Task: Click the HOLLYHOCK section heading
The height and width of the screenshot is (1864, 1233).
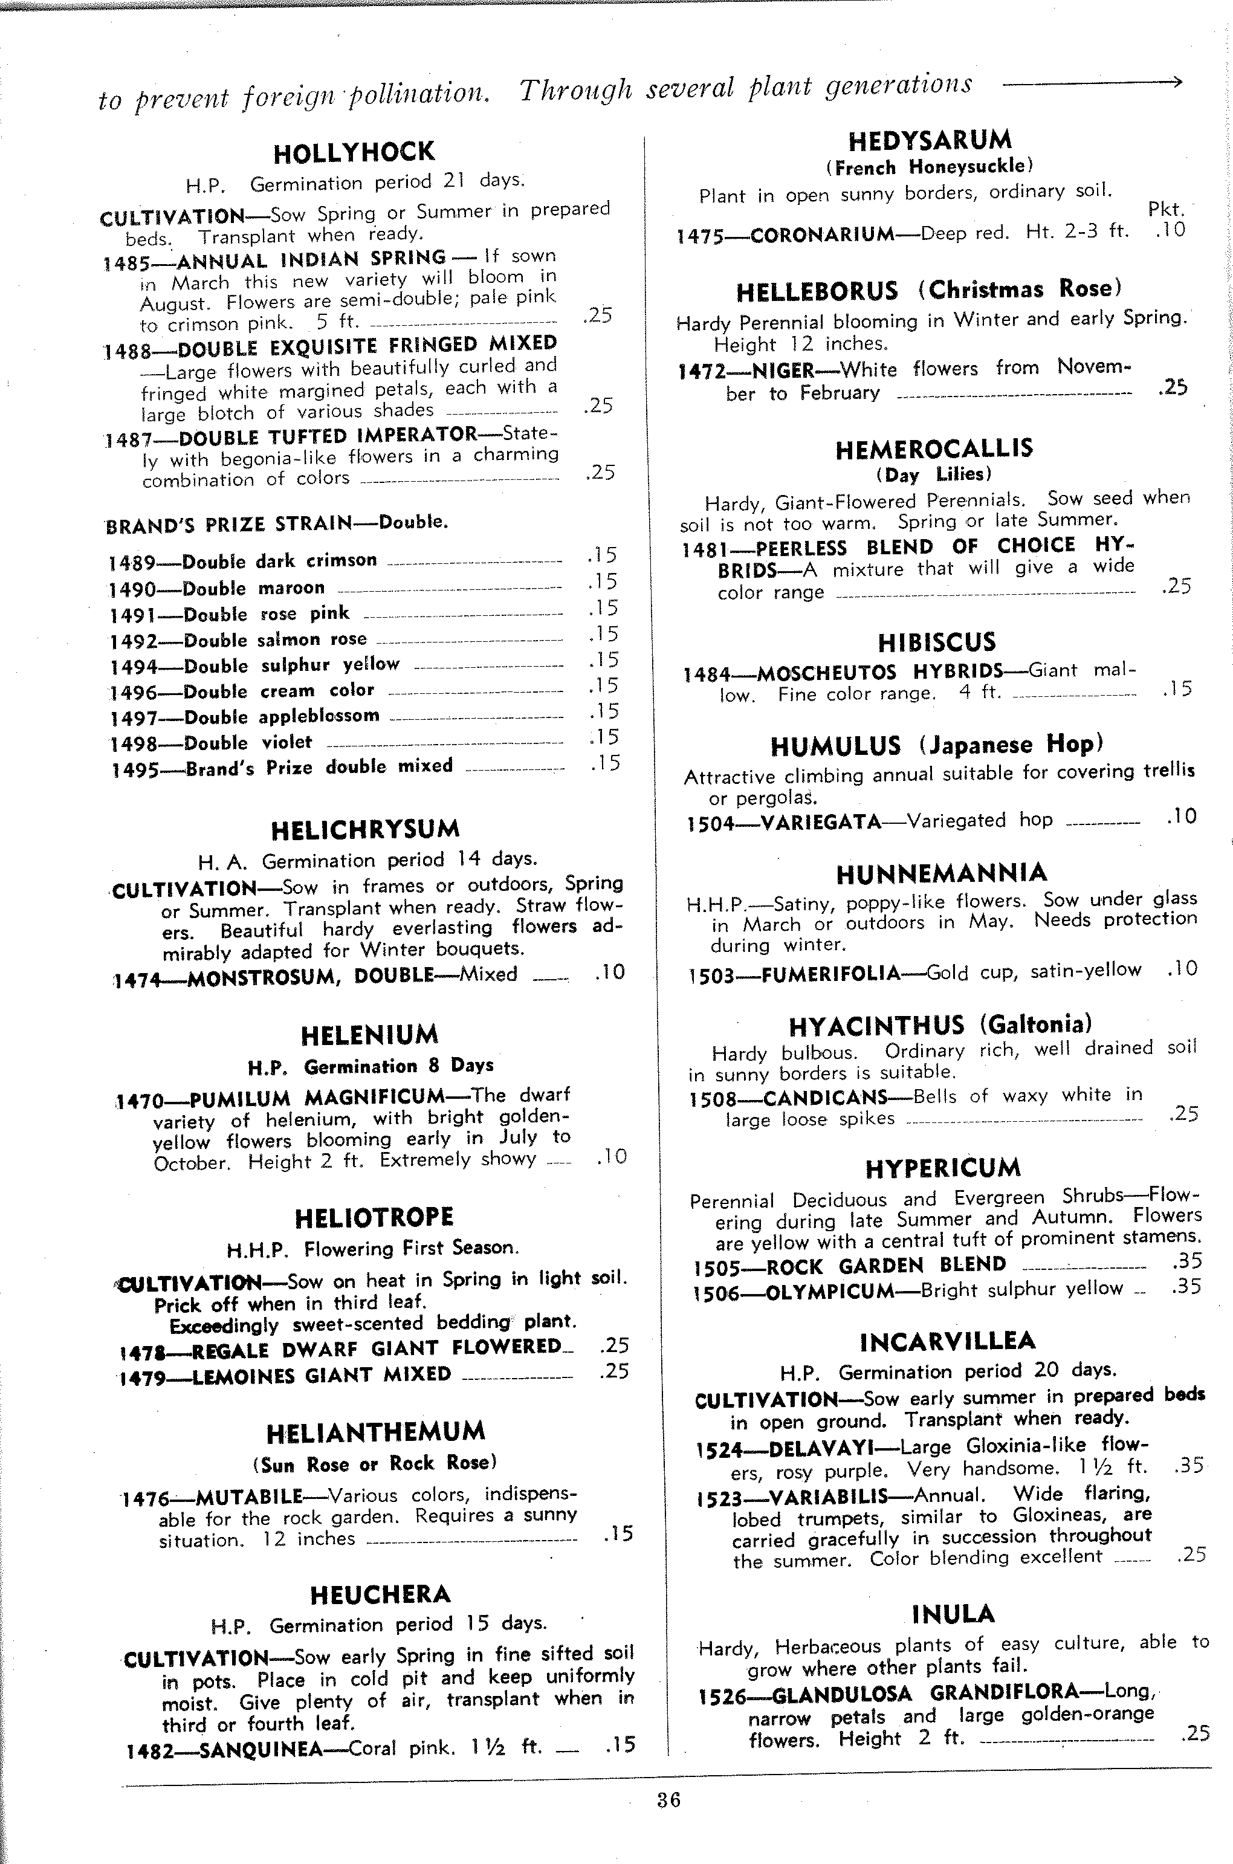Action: tap(354, 152)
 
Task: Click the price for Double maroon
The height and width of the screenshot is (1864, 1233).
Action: tap(603, 582)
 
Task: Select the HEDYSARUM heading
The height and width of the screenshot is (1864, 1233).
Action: tap(930, 141)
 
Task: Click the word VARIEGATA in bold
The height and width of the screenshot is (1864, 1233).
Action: tap(821, 823)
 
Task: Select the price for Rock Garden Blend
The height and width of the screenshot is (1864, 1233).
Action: tap(1186, 1261)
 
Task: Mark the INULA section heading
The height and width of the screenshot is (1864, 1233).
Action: tap(953, 1614)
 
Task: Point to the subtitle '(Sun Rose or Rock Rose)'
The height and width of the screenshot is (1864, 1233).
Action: tap(374, 1463)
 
